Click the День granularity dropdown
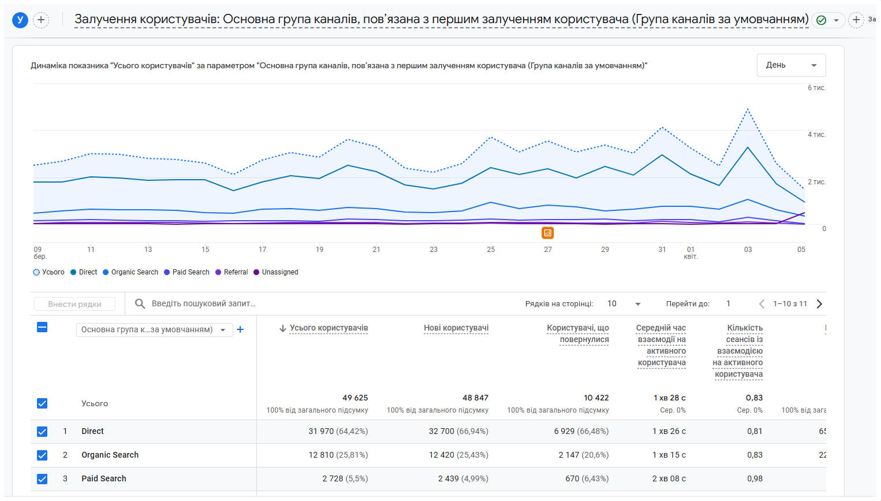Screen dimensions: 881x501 [x=791, y=65]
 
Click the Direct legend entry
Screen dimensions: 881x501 [x=84, y=272]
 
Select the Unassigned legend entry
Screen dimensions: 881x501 [x=276, y=272]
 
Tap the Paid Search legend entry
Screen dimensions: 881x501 [x=186, y=272]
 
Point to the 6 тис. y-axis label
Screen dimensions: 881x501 [x=816, y=88]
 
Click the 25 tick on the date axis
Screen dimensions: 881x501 [x=491, y=250]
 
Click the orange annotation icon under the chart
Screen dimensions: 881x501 [x=547, y=233]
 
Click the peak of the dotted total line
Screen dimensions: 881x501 [x=747, y=109]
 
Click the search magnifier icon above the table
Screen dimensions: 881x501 [x=140, y=303]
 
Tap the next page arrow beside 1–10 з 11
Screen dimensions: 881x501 [x=819, y=304]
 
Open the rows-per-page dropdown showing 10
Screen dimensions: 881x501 [x=624, y=304]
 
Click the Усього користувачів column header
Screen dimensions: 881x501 [x=328, y=328]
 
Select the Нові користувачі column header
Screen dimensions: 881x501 [x=456, y=328]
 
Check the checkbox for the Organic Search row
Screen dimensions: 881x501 [x=42, y=455]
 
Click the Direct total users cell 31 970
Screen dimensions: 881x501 [x=338, y=431]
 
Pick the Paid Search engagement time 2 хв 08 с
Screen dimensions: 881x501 [x=669, y=478]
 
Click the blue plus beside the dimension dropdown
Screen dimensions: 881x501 [x=240, y=330]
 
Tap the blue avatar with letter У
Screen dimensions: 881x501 [x=20, y=20]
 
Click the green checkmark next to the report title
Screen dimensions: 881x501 [x=821, y=20]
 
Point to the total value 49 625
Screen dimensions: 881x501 [x=355, y=398]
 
